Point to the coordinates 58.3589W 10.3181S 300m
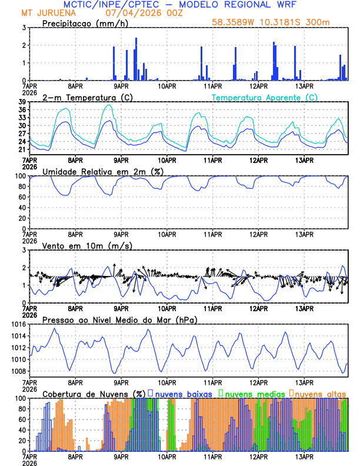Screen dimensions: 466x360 tap(279, 23)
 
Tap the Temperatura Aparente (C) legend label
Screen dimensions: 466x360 tap(265, 97)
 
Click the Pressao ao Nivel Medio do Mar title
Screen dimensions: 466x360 tap(119, 319)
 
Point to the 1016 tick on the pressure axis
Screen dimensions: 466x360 tap(16, 324)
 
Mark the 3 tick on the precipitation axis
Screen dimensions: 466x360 tap(24, 28)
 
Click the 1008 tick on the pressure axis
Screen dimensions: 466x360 tap(16, 371)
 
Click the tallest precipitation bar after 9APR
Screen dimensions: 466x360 tap(136, 59)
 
